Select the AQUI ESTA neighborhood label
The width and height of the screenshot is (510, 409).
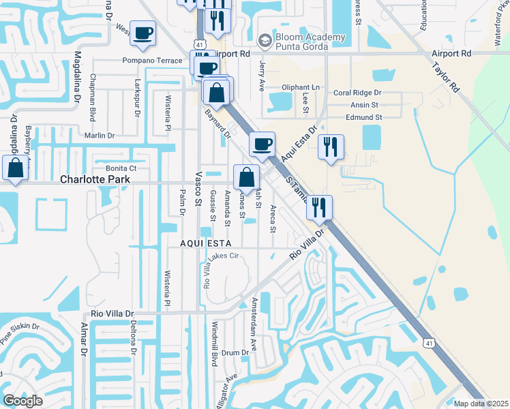[x=206, y=243]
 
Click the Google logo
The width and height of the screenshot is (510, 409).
[x=22, y=401]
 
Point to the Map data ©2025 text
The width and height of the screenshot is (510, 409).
[x=481, y=404]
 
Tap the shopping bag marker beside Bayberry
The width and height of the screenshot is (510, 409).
[x=15, y=168]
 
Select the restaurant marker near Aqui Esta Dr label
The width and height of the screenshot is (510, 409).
[x=331, y=147]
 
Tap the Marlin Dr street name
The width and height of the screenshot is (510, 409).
[x=98, y=136]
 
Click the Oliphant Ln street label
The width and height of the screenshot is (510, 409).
[x=300, y=87]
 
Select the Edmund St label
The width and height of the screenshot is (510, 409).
[x=363, y=117]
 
